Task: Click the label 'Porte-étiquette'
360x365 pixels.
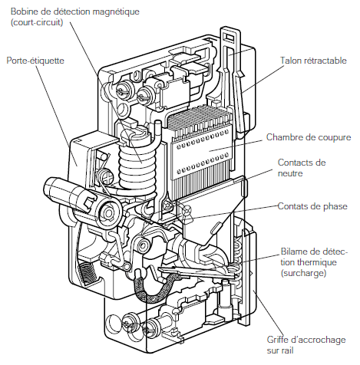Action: tap(35, 61)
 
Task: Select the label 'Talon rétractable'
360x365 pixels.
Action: tap(313, 61)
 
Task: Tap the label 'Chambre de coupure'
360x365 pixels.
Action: tap(309, 137)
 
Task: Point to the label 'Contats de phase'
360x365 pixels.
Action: tap(312, 206)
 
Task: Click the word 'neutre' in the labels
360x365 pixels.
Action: tap(290, 173)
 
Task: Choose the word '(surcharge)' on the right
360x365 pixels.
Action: tap(303, 273)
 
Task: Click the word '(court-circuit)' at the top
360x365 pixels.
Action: tap(37, 22)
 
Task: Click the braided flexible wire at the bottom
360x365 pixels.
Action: tap(155, 288)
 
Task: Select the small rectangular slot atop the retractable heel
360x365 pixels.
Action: tap(229, 38)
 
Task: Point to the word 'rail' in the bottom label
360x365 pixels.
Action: tap(287, 350)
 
